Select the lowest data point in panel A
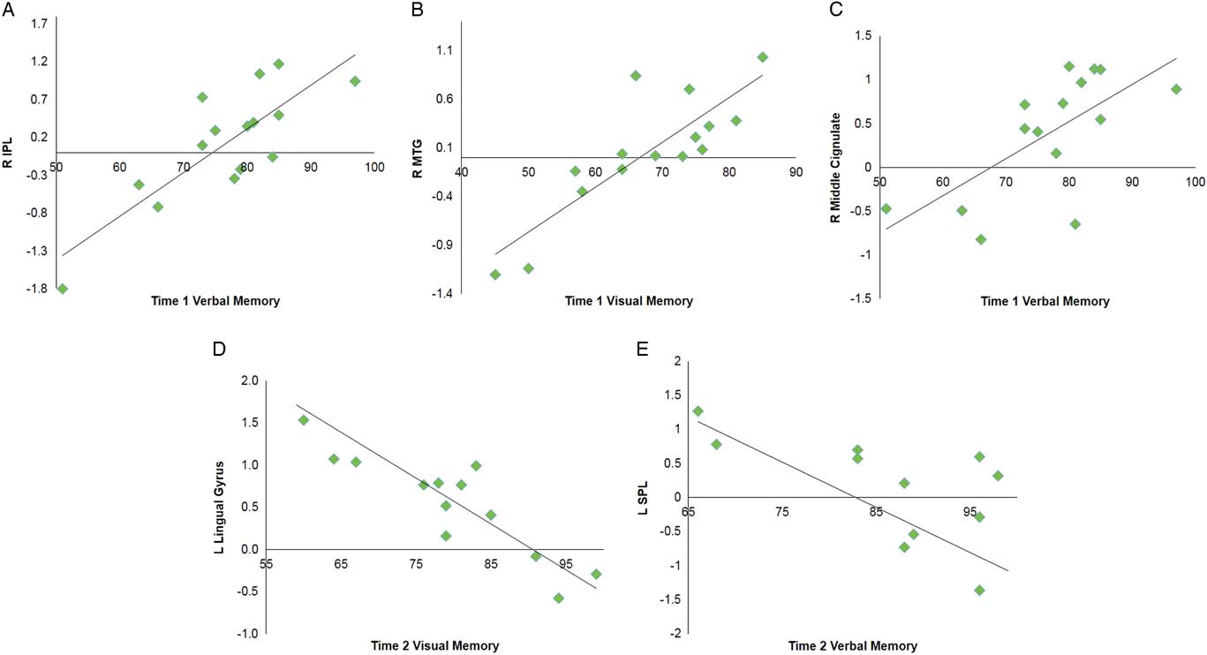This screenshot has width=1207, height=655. coord(63,289)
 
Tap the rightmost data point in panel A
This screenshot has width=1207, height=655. coord(355,81)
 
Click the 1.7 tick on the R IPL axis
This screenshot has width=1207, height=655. coord(39,24)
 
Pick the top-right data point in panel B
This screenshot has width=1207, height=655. coord(763,57)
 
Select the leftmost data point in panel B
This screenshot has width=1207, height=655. coord(495,275)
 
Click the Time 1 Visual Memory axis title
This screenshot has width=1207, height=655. coord(629,301)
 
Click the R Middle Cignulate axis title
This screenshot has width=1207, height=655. coord(836,167)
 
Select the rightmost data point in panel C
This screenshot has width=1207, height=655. coord(1176,89)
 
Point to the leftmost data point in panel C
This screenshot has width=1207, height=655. coord(886,208)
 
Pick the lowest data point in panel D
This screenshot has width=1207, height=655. coord(558,598)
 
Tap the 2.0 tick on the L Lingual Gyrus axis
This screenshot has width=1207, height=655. coord(249,380)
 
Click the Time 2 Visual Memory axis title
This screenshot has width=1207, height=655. coord(434,645)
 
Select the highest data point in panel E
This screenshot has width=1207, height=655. coord(698,411)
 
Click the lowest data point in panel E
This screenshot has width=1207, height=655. coord(979,590)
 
